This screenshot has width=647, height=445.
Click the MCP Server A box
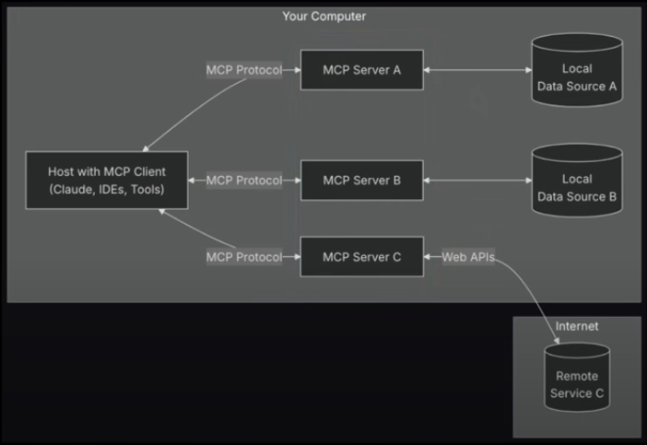(362, 70)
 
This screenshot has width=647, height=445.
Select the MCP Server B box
(362, 181)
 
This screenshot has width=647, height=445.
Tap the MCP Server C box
(362, 256)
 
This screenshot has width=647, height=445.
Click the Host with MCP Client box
(107, 181)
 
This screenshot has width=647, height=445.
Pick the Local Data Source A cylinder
(577, 70)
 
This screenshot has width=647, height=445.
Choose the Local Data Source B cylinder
(577, 181)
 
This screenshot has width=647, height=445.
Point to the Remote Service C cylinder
(577, 377)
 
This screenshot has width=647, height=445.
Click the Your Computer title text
(323, 16)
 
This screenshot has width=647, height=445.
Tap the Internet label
(576, 326)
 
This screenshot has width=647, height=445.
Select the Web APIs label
(468, 257)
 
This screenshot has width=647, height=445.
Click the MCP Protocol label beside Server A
(244, 70)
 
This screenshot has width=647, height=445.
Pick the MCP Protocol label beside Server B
(244, 181)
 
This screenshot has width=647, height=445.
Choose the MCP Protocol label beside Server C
(244, 257)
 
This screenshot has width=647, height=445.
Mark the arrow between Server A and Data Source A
(477, 70)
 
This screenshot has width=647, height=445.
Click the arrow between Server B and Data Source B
(477, 181)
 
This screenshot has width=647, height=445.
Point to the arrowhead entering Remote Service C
(557, 340)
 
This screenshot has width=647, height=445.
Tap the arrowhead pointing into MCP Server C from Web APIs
(427, 257)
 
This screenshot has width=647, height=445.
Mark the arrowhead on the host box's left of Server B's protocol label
(192, 181)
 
